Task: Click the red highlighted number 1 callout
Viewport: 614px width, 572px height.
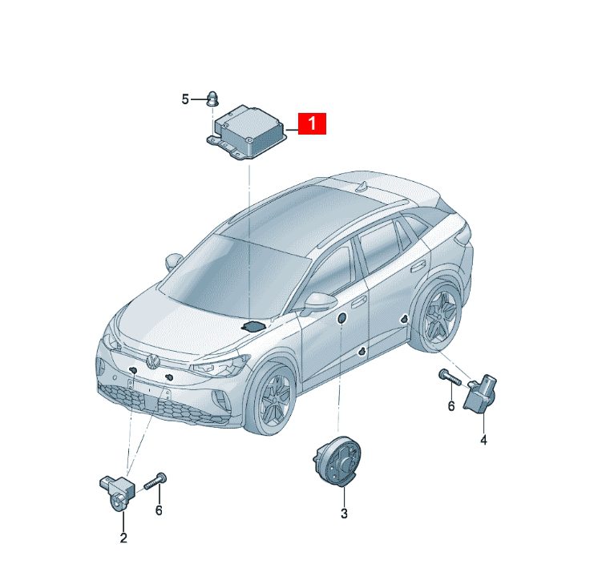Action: click(312, 123)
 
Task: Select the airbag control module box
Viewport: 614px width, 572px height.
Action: click(248, 133)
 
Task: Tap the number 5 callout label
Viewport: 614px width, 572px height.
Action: click(185, 99)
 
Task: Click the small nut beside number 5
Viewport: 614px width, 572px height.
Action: click(212, 99)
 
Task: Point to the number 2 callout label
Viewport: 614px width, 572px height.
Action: click(123, 538)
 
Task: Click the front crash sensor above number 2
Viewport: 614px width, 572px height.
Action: click(117, 492)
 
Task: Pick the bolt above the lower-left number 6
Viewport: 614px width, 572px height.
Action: click(156, 481)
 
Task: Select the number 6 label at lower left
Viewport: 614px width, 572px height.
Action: click(159, 510)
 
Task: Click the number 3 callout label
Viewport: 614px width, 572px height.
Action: click(344, 514)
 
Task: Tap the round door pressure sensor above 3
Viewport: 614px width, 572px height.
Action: click(337, 461)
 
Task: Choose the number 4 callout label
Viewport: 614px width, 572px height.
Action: click(483, 440)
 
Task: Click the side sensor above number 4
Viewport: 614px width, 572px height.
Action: click(480, 394)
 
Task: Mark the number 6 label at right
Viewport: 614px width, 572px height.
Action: click(451, 406)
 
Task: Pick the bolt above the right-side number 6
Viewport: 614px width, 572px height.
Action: click(450, 377)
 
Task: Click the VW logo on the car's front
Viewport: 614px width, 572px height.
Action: click(152, 361)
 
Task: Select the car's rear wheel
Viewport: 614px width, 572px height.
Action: click(438, 313)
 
